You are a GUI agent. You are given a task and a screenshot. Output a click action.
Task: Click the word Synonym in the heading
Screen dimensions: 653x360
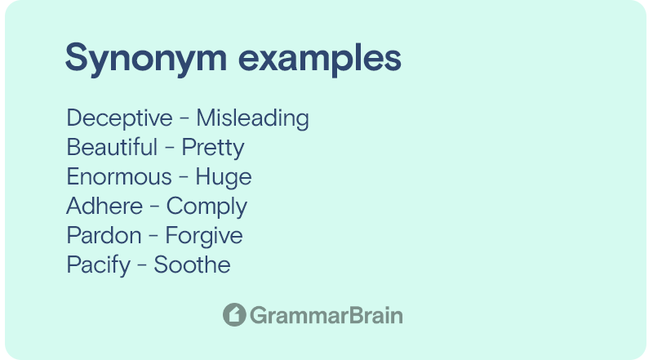146,58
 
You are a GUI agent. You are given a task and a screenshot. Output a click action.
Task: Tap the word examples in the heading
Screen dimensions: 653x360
320,58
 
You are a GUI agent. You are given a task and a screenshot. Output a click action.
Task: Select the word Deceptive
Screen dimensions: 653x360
119,118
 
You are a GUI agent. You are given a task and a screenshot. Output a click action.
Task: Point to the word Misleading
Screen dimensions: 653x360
253,118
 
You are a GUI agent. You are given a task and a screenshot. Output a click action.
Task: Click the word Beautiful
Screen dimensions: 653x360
112,147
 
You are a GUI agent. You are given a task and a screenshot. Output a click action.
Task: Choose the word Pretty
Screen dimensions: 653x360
213,149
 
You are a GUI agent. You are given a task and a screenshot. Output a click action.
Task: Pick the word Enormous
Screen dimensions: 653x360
119,176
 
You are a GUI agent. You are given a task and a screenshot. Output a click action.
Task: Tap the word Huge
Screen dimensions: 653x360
224,177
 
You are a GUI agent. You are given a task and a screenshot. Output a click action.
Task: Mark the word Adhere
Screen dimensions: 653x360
104,206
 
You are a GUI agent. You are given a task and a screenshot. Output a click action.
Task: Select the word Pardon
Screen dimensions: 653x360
104,235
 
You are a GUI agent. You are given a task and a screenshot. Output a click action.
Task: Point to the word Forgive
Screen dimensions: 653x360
204,236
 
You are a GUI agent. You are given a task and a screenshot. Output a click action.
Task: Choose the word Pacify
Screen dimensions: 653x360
99,265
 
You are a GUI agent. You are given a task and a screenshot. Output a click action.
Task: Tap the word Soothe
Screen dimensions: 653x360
192,264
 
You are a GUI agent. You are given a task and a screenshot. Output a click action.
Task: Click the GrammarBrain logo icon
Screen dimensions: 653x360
234,314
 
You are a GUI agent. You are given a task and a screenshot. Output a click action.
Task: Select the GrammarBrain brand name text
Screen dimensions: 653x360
326,315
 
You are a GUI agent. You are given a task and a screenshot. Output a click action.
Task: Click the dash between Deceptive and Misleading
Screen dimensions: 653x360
184,119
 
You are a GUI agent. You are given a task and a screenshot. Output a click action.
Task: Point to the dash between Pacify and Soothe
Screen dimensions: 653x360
142,266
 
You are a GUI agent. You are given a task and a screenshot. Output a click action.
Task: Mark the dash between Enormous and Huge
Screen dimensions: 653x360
184,178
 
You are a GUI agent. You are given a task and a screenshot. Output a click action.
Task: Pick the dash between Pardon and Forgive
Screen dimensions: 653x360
153,237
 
